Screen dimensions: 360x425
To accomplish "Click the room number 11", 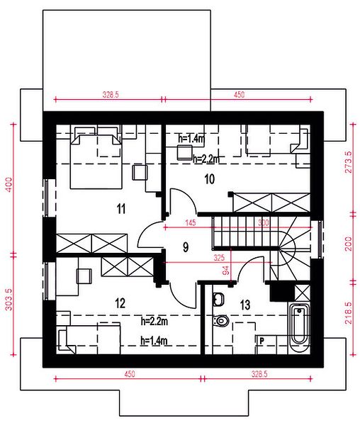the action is click(121, 209).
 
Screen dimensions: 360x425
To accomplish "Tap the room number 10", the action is click(210, 179).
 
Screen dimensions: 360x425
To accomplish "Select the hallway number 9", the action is click(186, 247).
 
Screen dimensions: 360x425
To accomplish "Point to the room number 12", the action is click(120, 303).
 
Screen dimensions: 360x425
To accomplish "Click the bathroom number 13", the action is click(245, 305).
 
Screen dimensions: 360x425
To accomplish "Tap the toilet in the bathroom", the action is click(221, 321).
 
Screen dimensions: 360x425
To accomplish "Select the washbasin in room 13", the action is click(218, 299).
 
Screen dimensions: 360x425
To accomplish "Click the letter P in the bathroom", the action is click(261, 341).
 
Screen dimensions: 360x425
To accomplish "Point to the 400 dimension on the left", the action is click(9, 185).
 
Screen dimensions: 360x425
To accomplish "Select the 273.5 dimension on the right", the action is click(349, 162).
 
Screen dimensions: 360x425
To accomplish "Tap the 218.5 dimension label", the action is click(349, 313).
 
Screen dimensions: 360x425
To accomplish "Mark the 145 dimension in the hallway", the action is click(191, 223).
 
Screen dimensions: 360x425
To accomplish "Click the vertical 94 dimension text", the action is click(226, 271).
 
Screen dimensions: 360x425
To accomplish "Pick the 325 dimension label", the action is click(219, 258).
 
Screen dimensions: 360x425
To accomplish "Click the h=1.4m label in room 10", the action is click(191, 139).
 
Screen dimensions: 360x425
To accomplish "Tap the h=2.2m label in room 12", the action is click(154, 322).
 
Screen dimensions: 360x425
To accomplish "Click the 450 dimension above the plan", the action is click(239, 95).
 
